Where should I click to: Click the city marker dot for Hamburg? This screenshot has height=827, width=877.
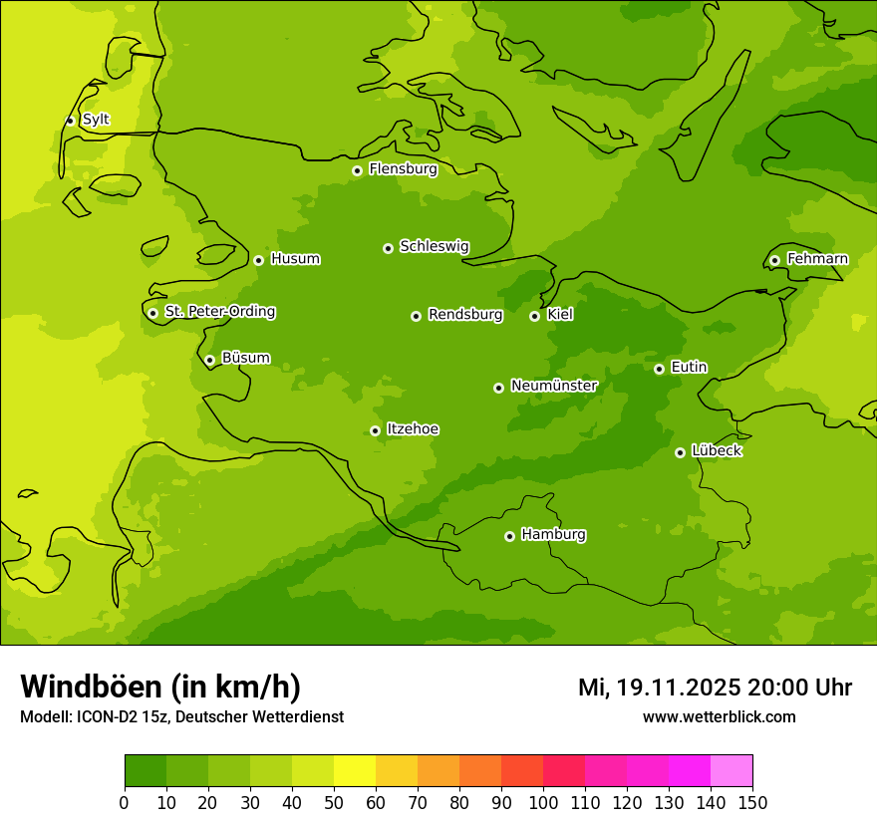tap(509, 536)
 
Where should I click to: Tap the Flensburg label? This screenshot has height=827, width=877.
tap(403, 169)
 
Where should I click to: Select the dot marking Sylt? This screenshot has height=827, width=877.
tap(70, 121)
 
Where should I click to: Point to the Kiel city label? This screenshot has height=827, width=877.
tap(560, 315)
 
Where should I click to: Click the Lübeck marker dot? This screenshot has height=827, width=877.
tap(680, 452)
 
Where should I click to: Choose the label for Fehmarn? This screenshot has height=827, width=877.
tap(817, 259)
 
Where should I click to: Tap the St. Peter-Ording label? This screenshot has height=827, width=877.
tap(220, 312)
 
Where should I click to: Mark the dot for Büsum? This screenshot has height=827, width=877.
tap(209, 360)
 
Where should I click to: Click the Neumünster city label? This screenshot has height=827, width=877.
tap(554, 386)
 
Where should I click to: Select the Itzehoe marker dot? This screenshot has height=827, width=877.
tap(375, 430)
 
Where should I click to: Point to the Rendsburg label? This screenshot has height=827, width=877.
tap(465, 315)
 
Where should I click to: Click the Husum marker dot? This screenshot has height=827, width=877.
tap(258, 260)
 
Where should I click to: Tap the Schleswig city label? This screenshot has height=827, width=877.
tap(435, 247)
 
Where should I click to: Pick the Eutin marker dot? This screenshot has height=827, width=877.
tap(659, 369)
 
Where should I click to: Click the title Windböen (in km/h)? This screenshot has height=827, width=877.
tap(160, 687)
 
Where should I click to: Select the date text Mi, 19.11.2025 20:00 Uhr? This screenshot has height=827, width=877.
tap(715, 688)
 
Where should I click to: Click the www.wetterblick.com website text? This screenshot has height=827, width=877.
tap(719, 716)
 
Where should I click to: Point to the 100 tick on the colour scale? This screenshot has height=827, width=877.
tap(543, 802)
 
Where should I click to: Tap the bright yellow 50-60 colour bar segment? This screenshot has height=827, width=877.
tap(355, 771)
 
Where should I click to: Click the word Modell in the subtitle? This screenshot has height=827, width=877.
tap(45, 717)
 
